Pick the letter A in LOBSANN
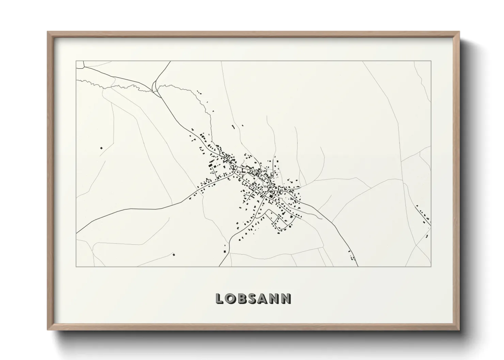click(x=264, y=298)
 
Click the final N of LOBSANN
click(x=287, y=298)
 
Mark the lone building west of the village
click(x=101, y=148)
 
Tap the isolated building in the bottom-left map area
click(x=174, y=254)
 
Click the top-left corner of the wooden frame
click(x=48, y=32)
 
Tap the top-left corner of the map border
click(x=76, y=61)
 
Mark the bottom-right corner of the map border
click(x=431, y=266)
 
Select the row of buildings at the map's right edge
click(x=423, y=214)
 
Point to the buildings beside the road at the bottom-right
click(x=351, y=255)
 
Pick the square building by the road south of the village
click(x=224, y=251)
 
